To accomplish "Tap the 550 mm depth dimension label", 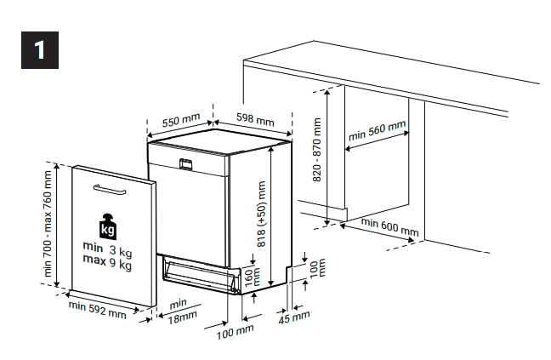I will [180, 121].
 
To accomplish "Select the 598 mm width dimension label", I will [255, 119].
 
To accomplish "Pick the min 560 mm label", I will [377, 131].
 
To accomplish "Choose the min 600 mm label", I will [389, 226].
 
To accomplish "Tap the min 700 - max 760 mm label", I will [48, 226].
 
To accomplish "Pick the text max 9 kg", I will [108, 265].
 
